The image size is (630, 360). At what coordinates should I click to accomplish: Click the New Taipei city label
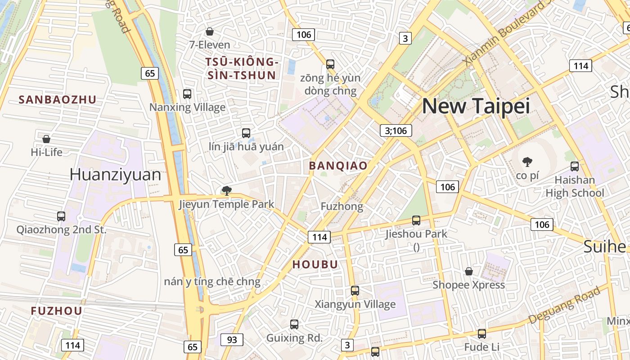[476, 106]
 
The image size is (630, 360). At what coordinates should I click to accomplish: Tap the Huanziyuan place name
[115, 175]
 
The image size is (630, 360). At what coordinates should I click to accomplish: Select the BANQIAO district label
[338, 166]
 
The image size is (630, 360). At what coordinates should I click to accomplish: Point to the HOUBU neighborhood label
[315, 265]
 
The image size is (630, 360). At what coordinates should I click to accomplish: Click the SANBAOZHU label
[58, 100]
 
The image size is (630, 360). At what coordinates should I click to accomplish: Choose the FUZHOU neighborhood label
[57, 311]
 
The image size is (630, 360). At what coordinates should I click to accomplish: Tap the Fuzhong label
[342, 207]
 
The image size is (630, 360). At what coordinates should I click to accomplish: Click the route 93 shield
[232, 340]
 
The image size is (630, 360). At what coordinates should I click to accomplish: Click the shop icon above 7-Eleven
[209, 31]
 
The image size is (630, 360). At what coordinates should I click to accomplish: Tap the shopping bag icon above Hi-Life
[46, 139]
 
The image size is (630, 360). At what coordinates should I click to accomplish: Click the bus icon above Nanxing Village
[187, 94]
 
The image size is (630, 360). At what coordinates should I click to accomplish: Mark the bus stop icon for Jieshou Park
[416, 220]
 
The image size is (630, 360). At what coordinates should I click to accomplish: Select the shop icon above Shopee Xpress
[468, 271]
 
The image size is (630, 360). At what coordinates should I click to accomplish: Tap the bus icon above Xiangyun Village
[355, 291]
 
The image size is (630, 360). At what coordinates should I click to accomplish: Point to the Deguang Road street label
[564, 305]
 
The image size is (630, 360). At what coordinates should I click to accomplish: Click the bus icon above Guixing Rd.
[294, 324]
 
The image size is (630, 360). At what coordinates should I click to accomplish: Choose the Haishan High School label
[575, 186]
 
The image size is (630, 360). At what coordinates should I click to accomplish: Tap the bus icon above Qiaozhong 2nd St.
[61, 216]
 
